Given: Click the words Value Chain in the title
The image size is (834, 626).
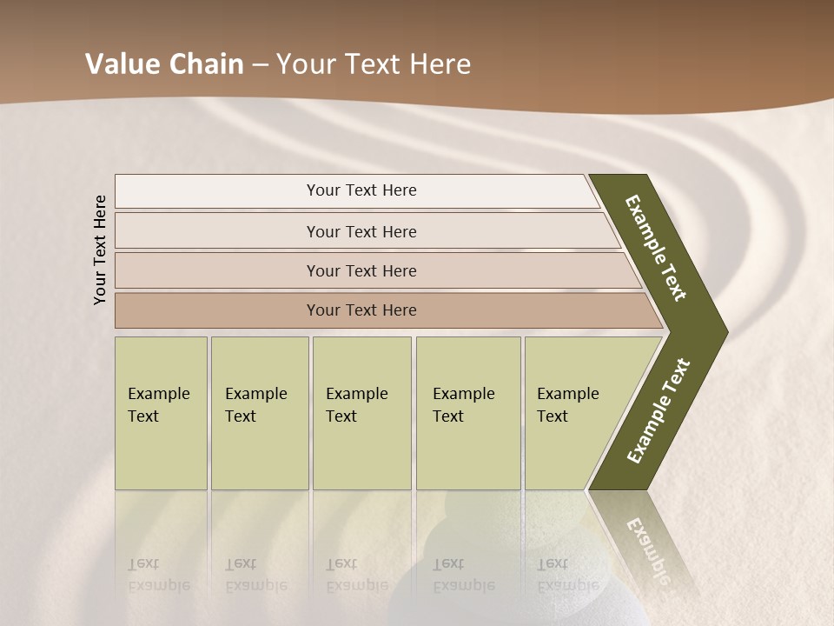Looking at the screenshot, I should [164, 64].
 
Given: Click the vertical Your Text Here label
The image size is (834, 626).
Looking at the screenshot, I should [100, 250].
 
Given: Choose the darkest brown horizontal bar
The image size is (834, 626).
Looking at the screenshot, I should [217, 310].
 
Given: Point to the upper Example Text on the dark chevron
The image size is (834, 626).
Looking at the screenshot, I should [656, 248].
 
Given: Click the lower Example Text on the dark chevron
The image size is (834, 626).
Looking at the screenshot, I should [659, 411].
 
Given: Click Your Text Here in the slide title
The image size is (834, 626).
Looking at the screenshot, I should [374, 64].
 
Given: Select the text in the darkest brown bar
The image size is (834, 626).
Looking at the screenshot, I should [361, 310].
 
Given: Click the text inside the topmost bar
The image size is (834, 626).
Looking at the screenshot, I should [361, 190].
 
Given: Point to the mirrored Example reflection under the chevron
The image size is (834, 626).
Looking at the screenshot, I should [647, 548].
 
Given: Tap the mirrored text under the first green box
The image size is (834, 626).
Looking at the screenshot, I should [158, 574].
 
